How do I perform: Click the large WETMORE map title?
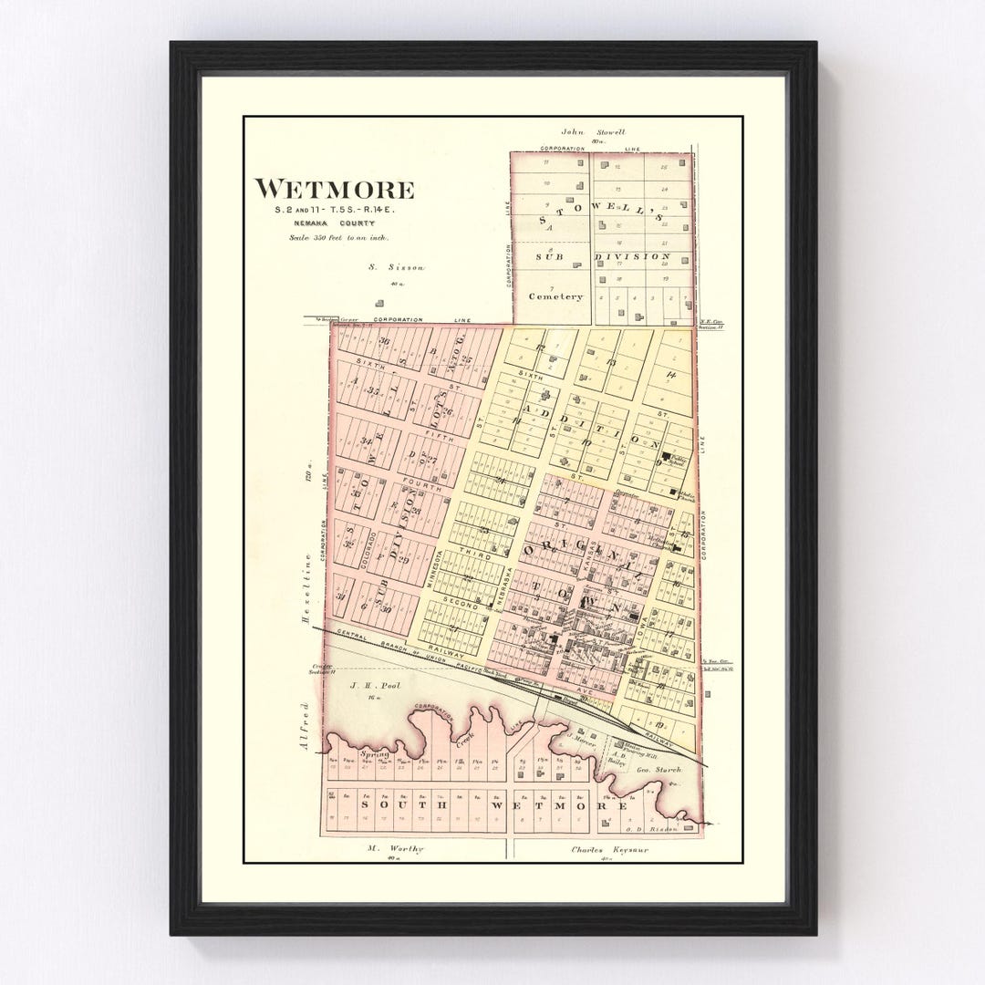[x=334, y=190]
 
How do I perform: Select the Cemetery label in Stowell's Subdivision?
[x=555, y=296]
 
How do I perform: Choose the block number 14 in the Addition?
[x=671, y=374]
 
